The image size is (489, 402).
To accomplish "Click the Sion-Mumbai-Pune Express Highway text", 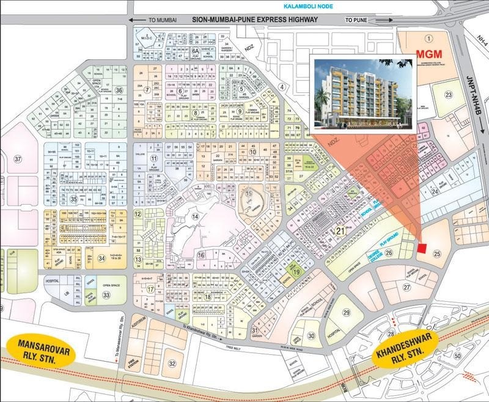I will [255, 20].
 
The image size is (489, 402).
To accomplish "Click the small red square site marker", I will [422, 247].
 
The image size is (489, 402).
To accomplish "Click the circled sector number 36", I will [119, 90].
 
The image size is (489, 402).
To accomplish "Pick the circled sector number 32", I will [172, 364].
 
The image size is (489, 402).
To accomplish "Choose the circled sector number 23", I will [448, 94].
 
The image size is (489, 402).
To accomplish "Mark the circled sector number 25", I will [437, 253].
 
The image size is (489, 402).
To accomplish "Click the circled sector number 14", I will [196, 216].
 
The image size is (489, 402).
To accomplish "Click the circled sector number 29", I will [346, 313].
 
